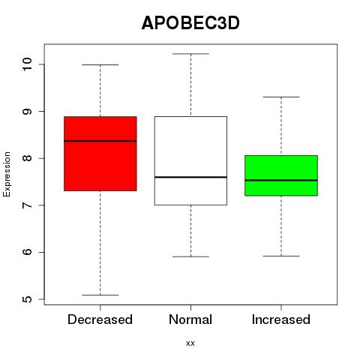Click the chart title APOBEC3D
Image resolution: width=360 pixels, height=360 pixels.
[190, 23]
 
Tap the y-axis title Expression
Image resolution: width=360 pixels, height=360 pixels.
[7, 174]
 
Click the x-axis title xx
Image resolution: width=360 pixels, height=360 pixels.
[190, 343]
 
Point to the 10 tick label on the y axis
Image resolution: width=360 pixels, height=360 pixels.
[27, 64]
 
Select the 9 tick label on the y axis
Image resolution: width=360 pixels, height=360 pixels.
[27, 111]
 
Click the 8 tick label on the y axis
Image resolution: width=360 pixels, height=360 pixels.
[27, 158]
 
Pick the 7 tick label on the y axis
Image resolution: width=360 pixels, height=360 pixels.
[27, 205]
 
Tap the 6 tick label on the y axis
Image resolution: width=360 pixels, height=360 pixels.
[27, 252]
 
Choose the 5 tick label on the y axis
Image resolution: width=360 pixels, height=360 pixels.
[27, 299]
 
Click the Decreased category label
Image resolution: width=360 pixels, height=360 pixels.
[100, 319]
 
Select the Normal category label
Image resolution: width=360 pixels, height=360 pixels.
[190, 319]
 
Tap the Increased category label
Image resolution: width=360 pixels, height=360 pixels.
[281, 319]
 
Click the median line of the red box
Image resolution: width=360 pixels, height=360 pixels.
[100, 141]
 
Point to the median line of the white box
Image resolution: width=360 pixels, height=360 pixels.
[190, 177]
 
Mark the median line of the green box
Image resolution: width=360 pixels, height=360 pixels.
[281, 180]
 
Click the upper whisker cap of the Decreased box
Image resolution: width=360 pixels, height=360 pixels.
[100, 64]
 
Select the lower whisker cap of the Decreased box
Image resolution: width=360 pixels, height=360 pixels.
[100, 295]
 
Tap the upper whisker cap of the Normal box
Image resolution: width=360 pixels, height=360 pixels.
[190, 54]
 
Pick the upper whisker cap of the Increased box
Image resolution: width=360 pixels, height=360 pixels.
[281, 97]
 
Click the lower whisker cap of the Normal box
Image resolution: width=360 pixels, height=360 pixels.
[190, 256]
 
